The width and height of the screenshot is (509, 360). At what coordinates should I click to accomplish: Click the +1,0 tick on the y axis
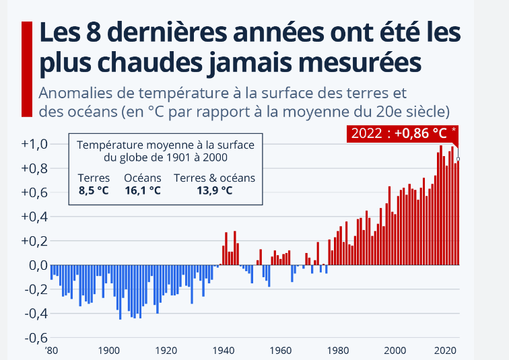33,144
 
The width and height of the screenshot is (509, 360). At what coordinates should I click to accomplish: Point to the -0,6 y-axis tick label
33,338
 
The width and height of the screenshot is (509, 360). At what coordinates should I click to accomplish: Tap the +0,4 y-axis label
33,217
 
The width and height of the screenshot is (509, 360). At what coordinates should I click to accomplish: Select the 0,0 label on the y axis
35,265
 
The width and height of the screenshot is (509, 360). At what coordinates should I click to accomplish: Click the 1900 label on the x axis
108,350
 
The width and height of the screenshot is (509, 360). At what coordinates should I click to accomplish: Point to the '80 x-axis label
51,350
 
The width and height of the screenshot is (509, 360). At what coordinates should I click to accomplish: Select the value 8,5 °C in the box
94,190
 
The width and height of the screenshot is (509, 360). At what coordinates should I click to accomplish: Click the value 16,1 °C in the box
143,190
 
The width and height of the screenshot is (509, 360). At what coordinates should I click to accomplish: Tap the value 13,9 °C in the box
215,190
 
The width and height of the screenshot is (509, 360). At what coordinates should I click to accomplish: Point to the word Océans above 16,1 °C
143,178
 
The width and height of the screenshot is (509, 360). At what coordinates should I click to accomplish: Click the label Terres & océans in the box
215,178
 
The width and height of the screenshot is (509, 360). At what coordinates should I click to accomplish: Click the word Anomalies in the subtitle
75,93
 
